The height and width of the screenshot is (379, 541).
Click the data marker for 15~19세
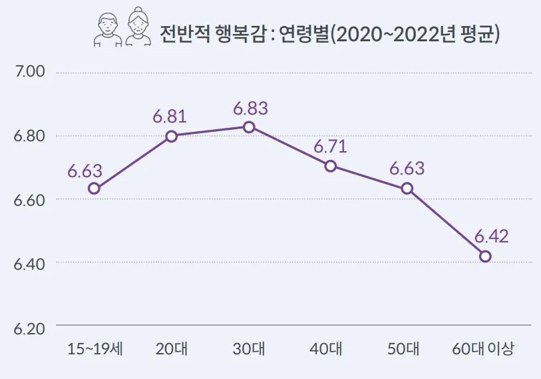[94, 189]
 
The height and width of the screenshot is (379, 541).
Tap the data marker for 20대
[171, 136]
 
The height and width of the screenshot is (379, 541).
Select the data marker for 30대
[248, 127]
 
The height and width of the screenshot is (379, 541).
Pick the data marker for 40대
[331, 166]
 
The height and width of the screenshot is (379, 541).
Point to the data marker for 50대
[408, 189]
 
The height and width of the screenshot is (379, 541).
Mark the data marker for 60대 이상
[485, 256]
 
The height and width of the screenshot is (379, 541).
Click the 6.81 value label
[169, 116]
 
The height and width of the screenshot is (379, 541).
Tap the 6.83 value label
[250, 107]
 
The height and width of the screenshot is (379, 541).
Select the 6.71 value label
[331, 145]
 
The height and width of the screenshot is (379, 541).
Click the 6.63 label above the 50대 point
[407, 168]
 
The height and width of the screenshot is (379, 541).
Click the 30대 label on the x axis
[248, 349]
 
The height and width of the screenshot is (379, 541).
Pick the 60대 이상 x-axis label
[483, 349]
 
